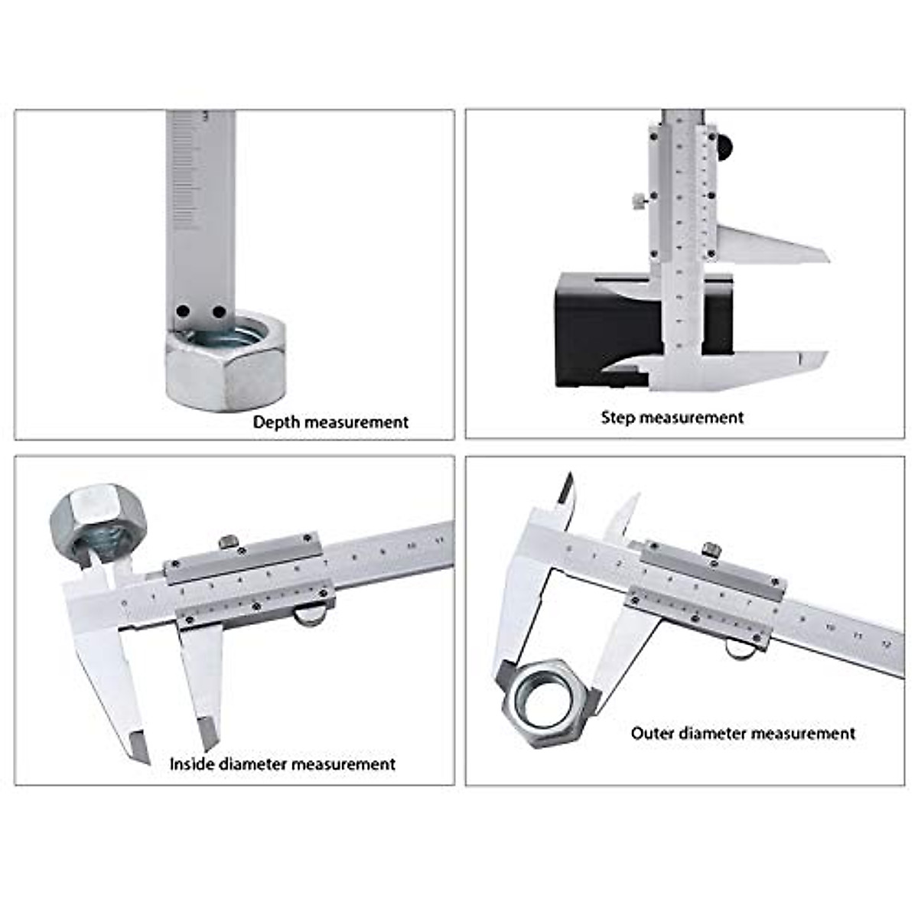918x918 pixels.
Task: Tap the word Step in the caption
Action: [x=618, y=418]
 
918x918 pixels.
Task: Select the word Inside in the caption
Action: [x=192, y=763]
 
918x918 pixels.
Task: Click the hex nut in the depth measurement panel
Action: [x=226, y=363]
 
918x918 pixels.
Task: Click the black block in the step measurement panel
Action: [x=604, y=329]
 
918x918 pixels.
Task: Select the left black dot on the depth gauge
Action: [x=183, y=312]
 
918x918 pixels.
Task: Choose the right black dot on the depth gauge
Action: [x=219, y=312]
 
